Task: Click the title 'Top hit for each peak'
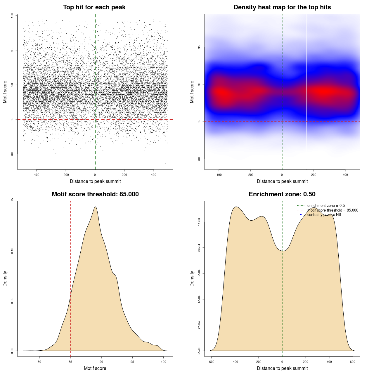pos(94,7)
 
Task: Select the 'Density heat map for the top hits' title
pos(282,7)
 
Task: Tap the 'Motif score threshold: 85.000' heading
pos(95,194)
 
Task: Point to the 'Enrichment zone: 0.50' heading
pos(282,194)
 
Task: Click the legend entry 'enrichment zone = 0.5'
pos(326,206)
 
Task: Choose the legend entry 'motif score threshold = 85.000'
pos(333,210)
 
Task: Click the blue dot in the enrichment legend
pos(301,215)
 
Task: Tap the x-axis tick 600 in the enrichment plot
pos(352,362)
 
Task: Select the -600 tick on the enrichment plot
pos(211,362)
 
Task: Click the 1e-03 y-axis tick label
pos(199,222)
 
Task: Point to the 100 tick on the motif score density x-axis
pos(163,362)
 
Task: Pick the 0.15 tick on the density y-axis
pos(12,201)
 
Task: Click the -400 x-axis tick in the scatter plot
pos(36,175)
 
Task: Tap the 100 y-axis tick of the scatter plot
pos(12,15)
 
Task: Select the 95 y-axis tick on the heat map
pos(199,47)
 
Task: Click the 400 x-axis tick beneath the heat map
pos(345,175)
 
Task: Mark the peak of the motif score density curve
pos(95,207)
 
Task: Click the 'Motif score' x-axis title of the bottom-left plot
pos(95,368)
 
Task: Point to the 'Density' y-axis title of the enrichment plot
pos(192,278)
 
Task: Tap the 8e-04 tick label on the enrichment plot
pos(199,248)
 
